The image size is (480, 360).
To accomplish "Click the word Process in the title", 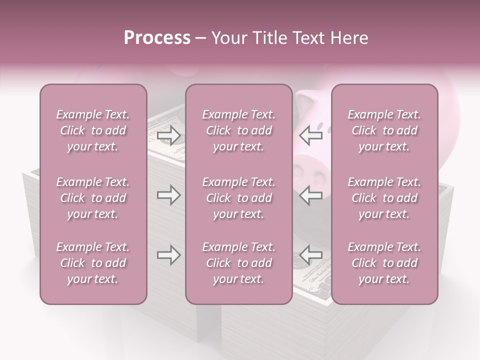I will pos(157,38).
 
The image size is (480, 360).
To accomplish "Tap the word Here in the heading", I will pos(350,38).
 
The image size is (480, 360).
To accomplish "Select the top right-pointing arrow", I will pos(168,135).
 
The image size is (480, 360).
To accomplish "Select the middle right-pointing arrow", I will pos(168,195).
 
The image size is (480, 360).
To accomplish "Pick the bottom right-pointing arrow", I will pos(168,255).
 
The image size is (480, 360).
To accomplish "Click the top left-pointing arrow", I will pos(311,135).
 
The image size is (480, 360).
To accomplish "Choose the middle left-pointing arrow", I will pos(311,195).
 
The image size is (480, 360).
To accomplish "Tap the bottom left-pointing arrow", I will pos(311,255).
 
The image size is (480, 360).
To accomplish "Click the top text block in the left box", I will pos(93,130).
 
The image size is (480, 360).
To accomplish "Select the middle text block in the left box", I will pos(93,198).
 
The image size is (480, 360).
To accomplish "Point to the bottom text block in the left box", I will pos(93,263).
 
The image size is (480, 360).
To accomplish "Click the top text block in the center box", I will pos(239,130).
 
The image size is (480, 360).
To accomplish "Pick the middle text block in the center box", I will pos(239,198).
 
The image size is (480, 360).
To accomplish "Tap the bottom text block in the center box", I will pos(239,263).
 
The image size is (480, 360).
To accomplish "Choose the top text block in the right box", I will pos(384,130).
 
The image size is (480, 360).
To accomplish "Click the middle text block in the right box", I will pos(384,198).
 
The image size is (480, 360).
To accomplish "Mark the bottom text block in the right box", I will pos(384,263).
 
